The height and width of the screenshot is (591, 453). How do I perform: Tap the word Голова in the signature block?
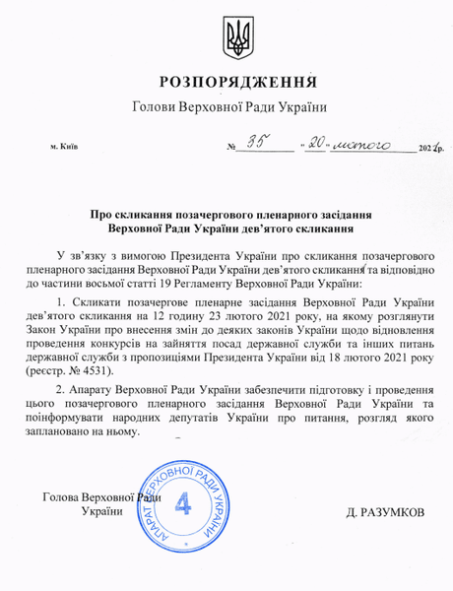point(66,497)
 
